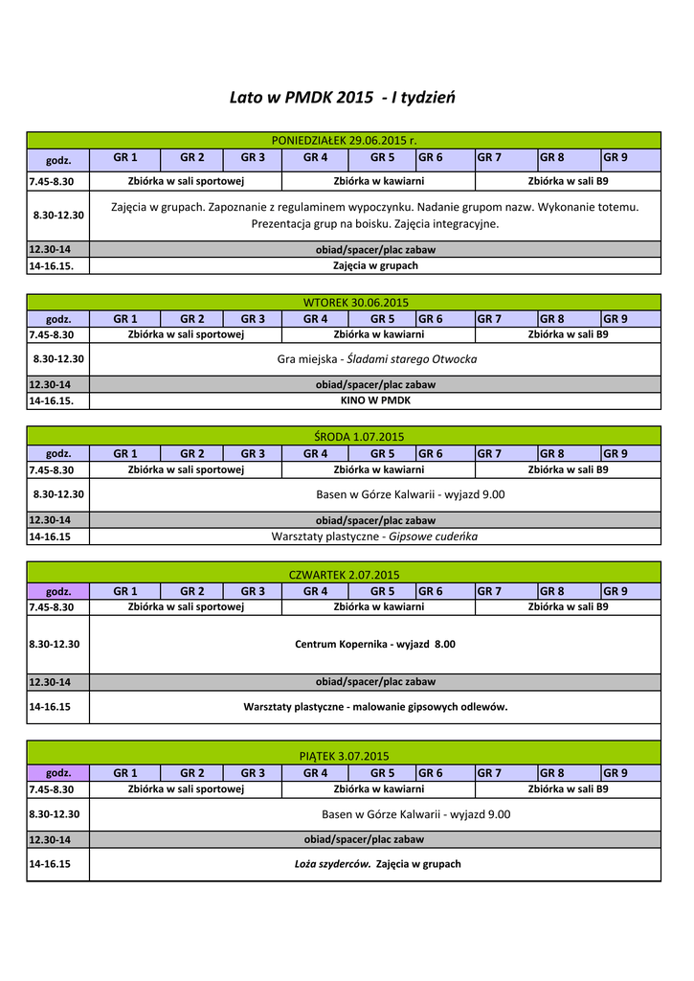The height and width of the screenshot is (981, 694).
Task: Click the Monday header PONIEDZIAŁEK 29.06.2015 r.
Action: tap(344, 140)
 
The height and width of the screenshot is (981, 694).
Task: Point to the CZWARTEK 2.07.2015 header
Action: tap(344, 574)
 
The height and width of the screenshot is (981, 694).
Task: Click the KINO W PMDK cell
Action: tap(375, 401)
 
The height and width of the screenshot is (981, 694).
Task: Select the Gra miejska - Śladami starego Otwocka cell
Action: tap(376, 359)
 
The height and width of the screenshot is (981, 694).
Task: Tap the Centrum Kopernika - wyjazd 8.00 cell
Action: tap(375, 644)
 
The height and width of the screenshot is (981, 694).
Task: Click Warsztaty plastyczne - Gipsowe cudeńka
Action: tap(374, 536)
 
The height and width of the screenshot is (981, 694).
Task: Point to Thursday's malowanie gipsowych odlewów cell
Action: tap(375, 707)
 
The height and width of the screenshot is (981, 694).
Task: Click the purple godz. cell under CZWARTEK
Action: tap(58, 591)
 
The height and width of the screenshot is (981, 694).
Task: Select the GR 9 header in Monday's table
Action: tap(615, 157)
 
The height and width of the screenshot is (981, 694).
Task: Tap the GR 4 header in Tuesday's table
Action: tap(315, 318)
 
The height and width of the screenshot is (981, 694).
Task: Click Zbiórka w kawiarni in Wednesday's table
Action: tap(378, 469)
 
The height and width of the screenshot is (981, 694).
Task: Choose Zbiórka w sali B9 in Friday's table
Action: tap(568, 789)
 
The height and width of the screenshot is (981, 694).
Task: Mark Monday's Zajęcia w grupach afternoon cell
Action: tap(375, 265)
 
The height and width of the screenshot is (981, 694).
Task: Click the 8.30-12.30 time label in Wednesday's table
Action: tap(58, 494)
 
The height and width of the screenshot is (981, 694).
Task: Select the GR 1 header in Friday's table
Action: tap(125, 772)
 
